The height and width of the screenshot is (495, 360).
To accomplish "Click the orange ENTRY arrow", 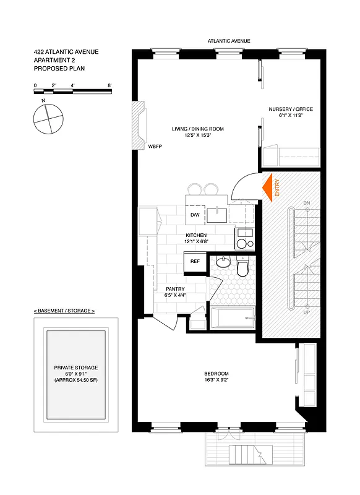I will coord(269,187).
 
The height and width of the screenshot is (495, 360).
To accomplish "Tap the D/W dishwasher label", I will coord(195,215).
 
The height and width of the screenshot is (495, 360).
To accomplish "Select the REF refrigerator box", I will coord(195,262).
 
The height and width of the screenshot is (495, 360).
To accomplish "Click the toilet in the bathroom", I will coord(242,267).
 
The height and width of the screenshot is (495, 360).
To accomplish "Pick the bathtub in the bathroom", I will coord(232,319).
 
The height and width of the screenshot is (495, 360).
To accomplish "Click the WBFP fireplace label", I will coord(155,147).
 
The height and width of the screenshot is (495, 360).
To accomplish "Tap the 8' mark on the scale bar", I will coord(109,85).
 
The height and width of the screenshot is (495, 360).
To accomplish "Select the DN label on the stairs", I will coord(306,203).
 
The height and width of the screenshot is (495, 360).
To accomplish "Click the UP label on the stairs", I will coord(306,313).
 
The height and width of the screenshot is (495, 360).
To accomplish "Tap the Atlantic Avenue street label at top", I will coord(229,41).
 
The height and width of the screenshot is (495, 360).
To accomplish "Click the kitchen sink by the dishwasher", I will coord(218,215).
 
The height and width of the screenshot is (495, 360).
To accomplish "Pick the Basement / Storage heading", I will coord(64,311).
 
